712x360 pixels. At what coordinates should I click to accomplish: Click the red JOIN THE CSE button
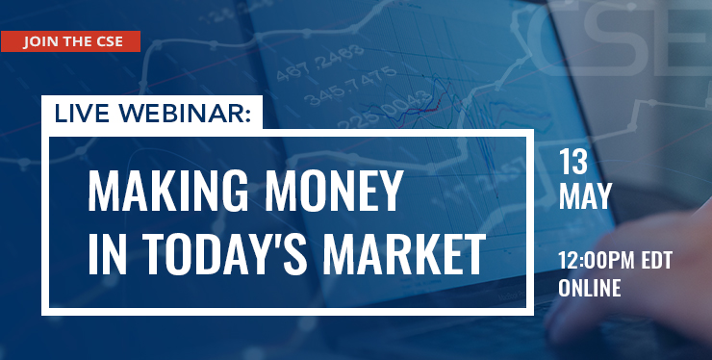(x=70, y=41)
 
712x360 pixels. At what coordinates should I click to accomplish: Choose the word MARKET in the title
(x=404, y=254)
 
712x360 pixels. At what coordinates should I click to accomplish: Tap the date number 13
(x=573, y=163)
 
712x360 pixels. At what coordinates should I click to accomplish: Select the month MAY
(x=585, y=196)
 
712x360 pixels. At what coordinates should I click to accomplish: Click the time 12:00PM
(x=597, y=261)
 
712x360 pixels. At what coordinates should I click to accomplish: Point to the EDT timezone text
(x=656, y=261)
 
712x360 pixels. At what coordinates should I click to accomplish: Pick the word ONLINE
(x=590, y=288)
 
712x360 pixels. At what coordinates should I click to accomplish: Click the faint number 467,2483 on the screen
(x=320, y=64)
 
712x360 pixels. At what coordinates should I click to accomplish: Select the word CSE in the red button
(x=110, y=41)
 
